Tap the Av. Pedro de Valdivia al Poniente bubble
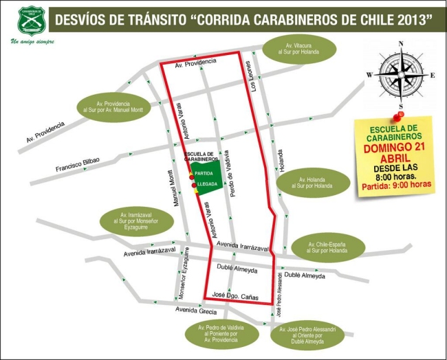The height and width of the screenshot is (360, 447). [217, 333]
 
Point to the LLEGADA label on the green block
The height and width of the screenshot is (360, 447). [208, 185]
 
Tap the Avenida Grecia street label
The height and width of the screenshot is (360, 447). [197, 309]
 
